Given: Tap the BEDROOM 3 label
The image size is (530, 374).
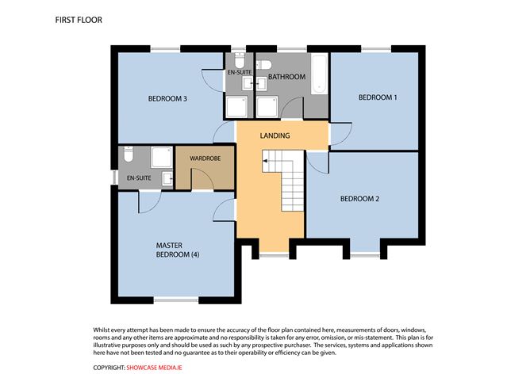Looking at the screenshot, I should (167, 99).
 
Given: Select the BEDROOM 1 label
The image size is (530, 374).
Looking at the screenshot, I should (377, 97).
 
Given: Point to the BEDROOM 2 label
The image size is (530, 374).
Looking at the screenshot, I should (359, 198).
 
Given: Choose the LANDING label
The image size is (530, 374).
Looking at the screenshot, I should (275, 135).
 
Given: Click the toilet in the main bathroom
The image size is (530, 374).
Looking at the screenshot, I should (265, 63).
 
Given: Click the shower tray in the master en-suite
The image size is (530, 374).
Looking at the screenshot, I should (162, 158).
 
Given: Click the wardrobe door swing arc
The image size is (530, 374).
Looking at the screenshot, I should (203, 181).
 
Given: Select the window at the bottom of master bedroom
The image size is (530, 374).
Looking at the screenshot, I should (175, 299).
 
